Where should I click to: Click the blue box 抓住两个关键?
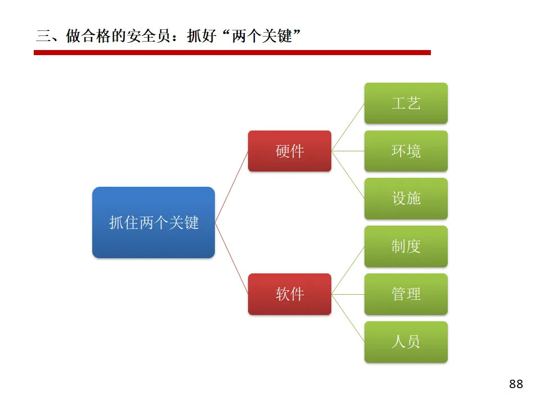pos(154,223)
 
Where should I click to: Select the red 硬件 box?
pos(290,151)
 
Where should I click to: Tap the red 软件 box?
pos(290,294)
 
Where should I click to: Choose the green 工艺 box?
pos(406,103)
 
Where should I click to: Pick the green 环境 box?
pos(406,151)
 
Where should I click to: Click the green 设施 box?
pos(406,199)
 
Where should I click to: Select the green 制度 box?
pos(406,246)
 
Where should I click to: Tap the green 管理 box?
pos(406,294)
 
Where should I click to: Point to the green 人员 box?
pos(406,342)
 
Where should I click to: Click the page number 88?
pos(516,384)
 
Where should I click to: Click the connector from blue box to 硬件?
pos(231,187)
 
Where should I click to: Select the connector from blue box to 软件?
pos(231,259)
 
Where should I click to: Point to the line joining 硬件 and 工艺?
pos(348,127)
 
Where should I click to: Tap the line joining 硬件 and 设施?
pos(348,175)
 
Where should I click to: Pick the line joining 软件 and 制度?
pos(348,270)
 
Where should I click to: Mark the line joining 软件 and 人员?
pos(348,318)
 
